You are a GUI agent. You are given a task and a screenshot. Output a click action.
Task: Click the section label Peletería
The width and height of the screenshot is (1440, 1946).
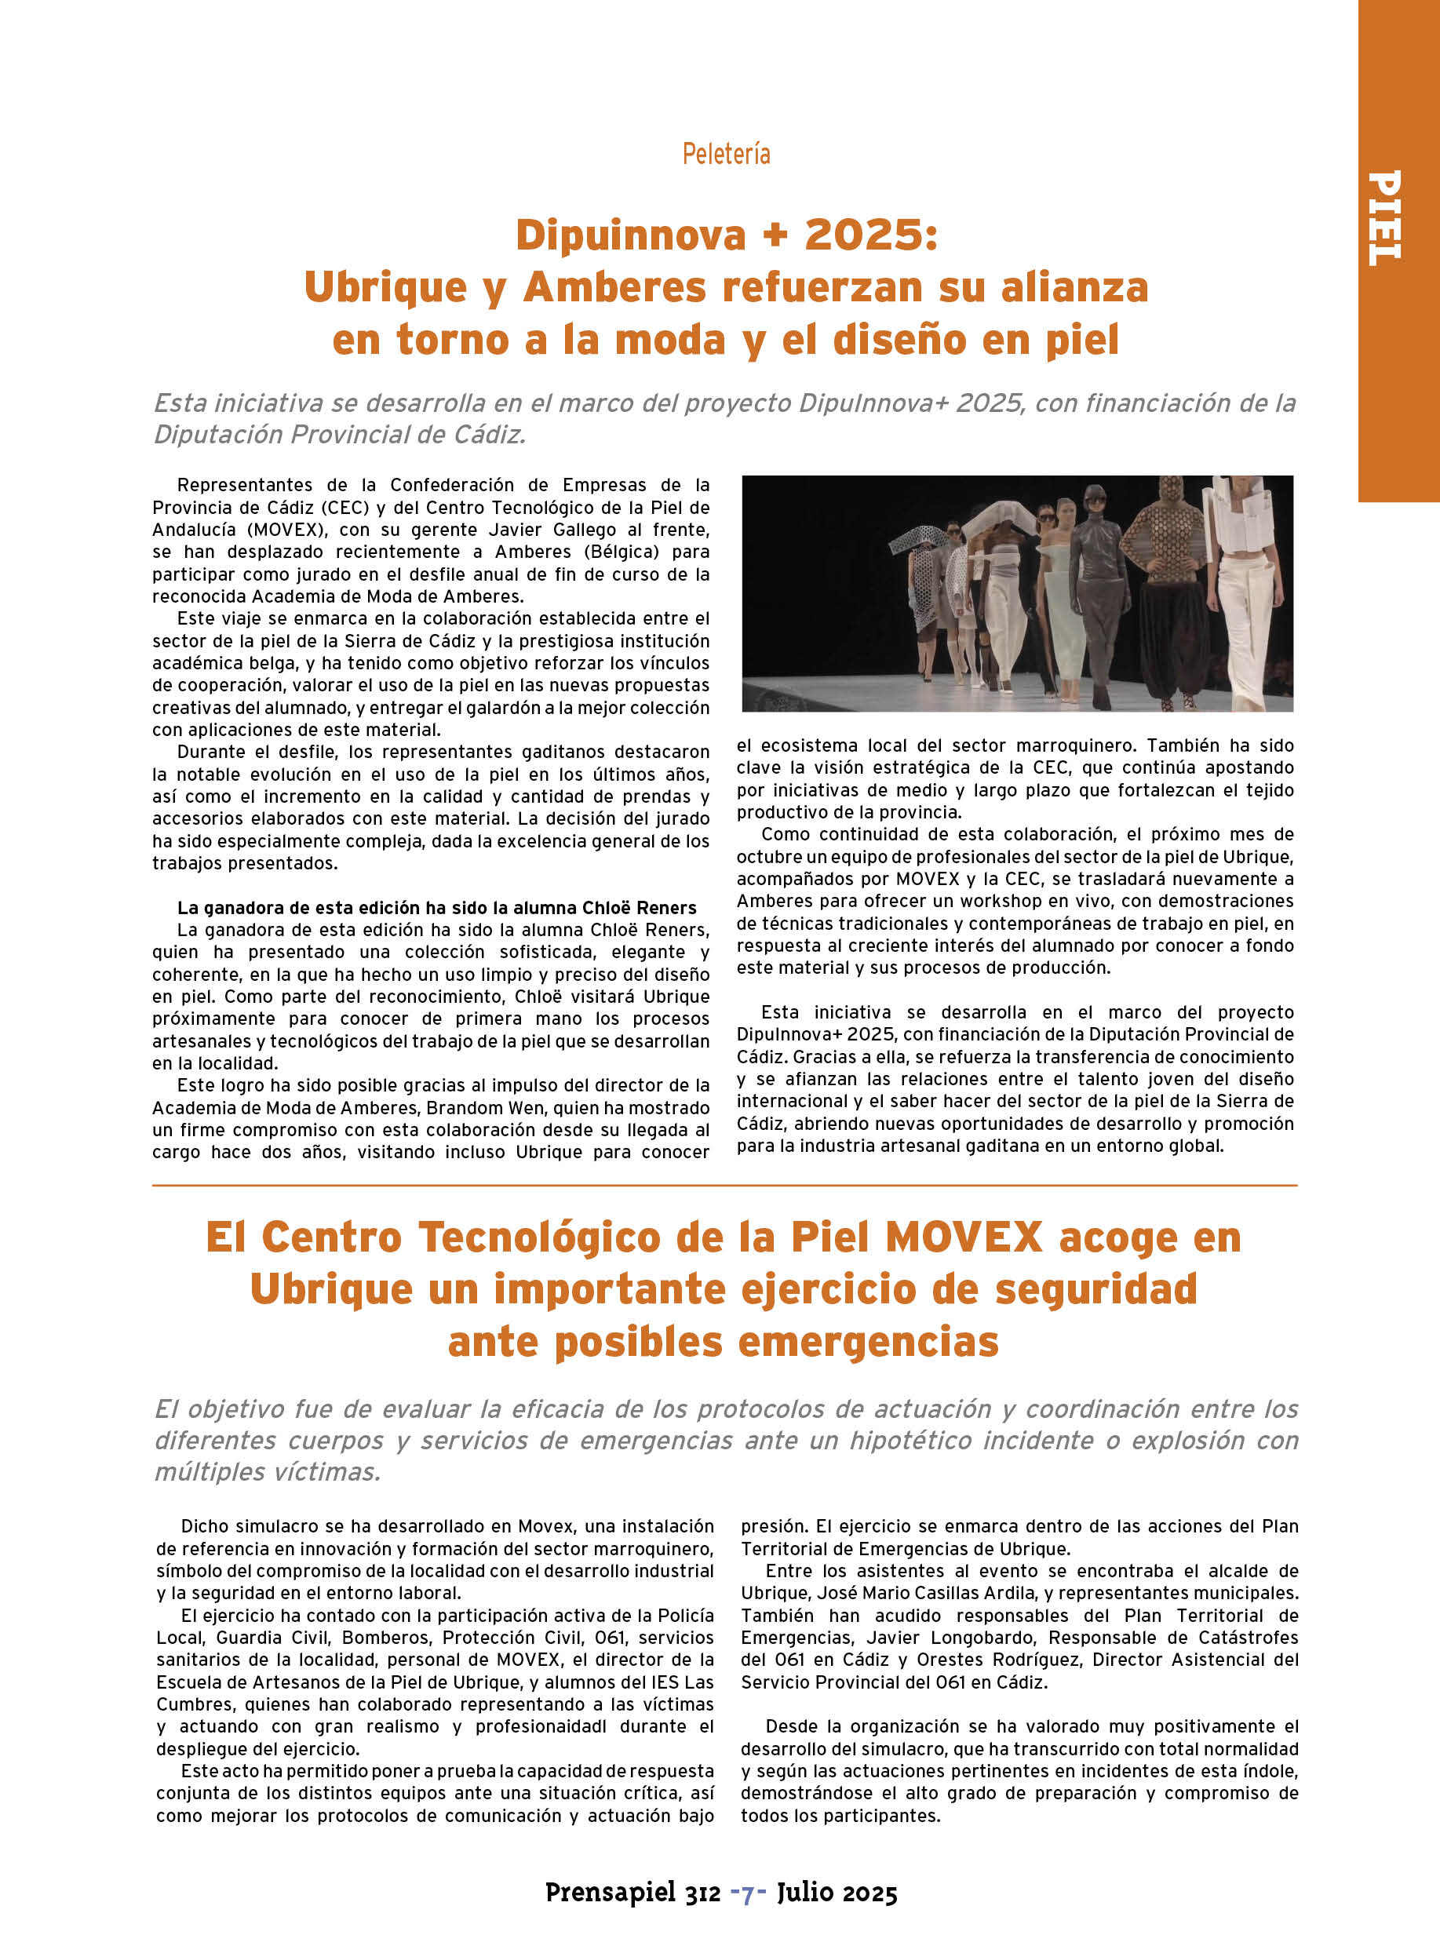tap(726, 155)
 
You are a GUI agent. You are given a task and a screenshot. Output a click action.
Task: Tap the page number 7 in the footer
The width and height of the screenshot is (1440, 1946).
tap(748, 1893)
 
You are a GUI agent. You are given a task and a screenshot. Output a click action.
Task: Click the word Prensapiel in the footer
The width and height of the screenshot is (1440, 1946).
tap(611, 1893)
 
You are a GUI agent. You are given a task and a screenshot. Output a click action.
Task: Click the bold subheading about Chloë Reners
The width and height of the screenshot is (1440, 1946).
tap(436, 908)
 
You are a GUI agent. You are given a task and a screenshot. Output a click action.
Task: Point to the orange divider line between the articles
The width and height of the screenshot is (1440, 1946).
tap(724, 1185)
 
